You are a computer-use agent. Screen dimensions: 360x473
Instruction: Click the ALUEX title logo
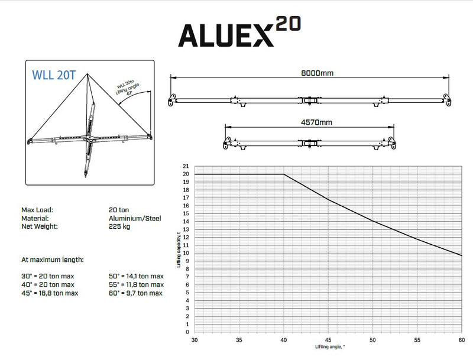[226, 35]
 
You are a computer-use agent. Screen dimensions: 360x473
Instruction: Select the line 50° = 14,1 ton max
[135, 276]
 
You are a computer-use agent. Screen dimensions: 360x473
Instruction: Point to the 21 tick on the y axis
[186, 166]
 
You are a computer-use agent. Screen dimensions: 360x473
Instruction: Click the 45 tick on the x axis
[328, 340]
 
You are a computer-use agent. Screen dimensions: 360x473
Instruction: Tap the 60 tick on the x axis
[461, 340]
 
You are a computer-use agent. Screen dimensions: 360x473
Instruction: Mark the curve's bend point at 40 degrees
[284, 174]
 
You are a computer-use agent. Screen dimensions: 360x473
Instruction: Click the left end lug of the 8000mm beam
[171, 101]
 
